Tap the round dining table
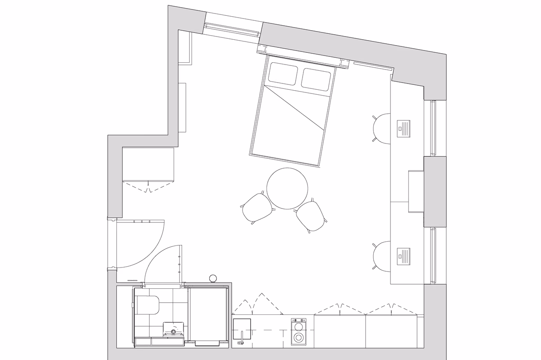[287, 188]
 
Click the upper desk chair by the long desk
[382, 128]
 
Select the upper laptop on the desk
[403, 128]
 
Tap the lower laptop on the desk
[403, 257]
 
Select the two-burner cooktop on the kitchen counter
[298, 332]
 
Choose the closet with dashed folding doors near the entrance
[148, 164]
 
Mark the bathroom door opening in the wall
[162, 285]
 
